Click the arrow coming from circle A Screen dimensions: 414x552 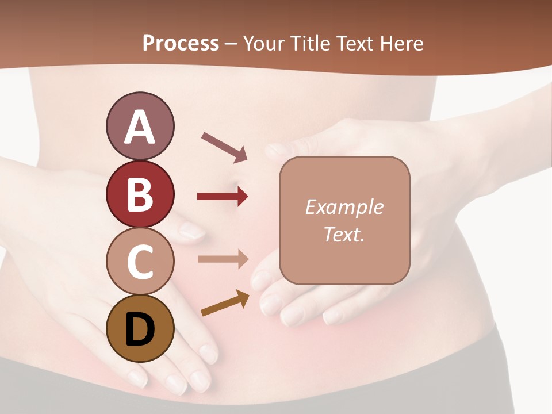click(224, 147)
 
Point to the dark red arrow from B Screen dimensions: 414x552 click(223, 197)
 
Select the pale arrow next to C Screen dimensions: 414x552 click(223, 259)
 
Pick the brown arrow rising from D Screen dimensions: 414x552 click(225, 303)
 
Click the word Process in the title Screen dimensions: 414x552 click(181, 43)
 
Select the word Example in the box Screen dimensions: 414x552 click(344, 207)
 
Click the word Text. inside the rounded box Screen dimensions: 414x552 click(344, 234)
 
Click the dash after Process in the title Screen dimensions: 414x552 click(231, 44)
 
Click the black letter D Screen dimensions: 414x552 click(140, 329)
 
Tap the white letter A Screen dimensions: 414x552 click(140, 126)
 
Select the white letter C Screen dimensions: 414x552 click(140, 262)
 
